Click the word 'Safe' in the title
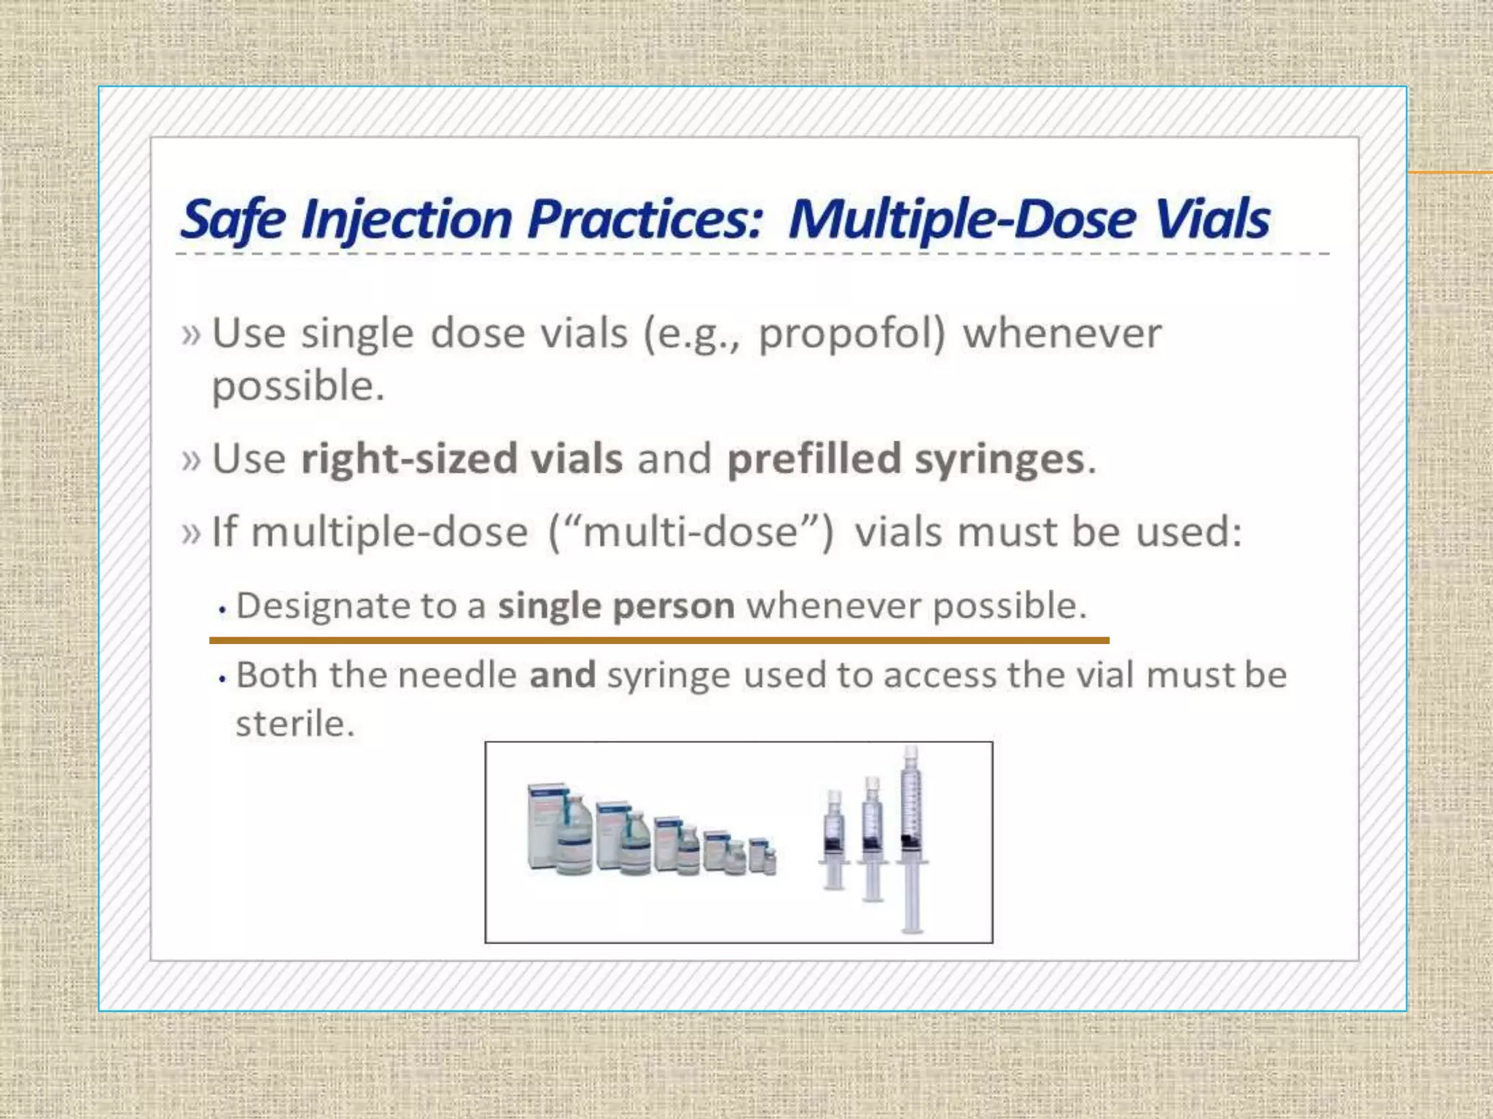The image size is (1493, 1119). (x=233, y=219)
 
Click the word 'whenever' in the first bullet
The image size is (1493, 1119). (x=1062, y=334)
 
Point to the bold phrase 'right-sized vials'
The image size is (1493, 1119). (x=462, y=459)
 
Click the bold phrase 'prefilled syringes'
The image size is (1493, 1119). (x=906, y=459)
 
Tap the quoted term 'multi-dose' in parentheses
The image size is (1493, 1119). (x=691, y=532)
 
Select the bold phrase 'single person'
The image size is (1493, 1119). (x=616, y=606)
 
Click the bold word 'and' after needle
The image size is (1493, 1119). (x=562, y=675)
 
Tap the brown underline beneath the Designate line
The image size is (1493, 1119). (x=659, y=640)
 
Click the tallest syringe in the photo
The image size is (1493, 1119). (x=911, y=838)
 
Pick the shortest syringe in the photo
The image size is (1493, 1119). (x=835, y=841)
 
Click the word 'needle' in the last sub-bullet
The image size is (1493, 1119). (x=457, y=675)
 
